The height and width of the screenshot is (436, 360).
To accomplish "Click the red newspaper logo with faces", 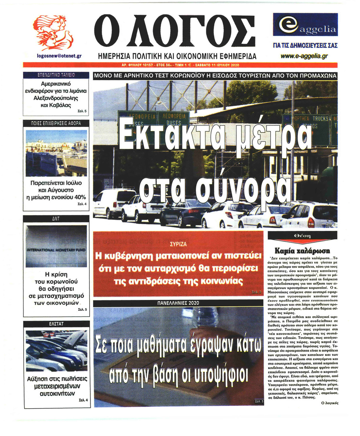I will (54, 32).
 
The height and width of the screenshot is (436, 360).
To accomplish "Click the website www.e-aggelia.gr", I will (305, 56).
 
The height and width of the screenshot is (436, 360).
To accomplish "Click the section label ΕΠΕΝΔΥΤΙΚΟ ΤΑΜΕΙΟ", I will (56, 75).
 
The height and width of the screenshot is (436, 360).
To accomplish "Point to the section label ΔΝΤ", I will (56, 219).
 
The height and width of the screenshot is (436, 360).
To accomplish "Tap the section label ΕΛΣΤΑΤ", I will (56, 324).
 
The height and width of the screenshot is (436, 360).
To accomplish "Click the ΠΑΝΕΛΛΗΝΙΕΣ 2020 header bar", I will (178, 303).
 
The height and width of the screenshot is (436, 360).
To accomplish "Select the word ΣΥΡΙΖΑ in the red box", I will (178, 244).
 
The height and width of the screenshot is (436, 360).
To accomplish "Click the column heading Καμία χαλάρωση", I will (302, 251).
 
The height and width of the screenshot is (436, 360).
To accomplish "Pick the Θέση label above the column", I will (302, 236).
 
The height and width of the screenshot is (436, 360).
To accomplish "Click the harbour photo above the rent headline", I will (56, 153).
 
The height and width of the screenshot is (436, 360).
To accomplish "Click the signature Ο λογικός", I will (330, 403).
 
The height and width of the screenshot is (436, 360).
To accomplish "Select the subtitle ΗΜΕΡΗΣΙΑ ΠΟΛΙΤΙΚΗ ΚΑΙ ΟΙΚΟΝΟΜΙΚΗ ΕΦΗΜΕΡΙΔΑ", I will (177, 56).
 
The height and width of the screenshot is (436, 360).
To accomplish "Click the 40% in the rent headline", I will (80, 197).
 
